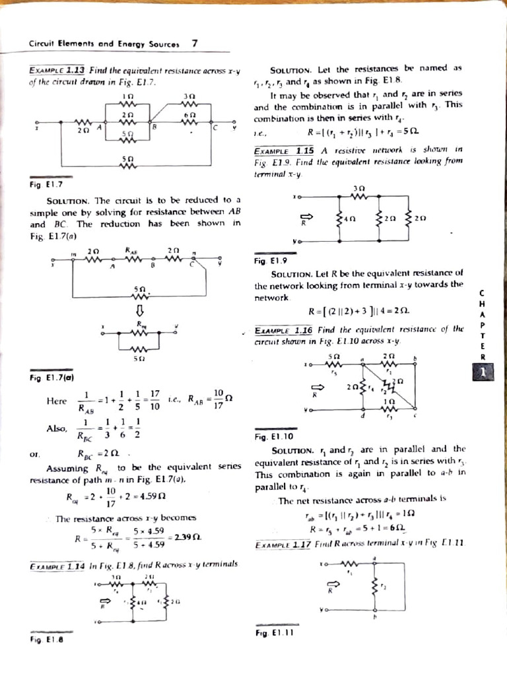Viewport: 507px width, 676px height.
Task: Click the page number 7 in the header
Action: pyautogui.click(x=194, y=44)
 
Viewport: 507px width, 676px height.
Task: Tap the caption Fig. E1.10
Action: pyautogui.click(x=269, y=436)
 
